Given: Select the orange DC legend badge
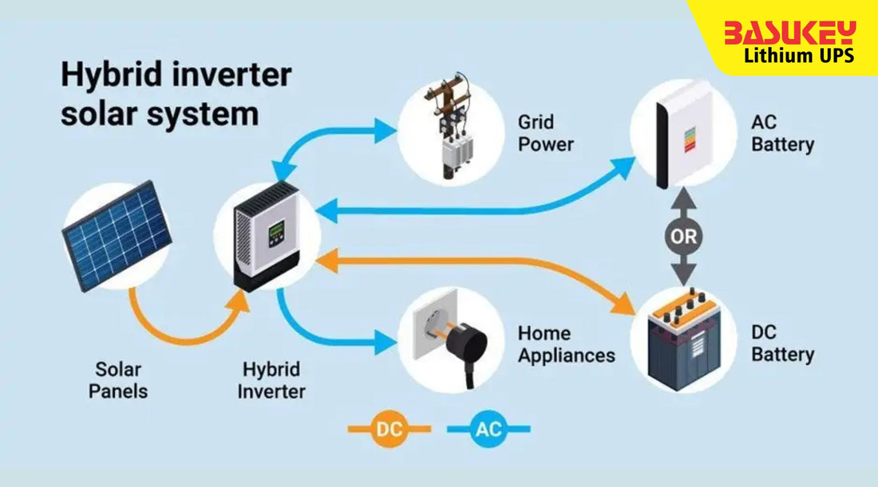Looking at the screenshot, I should (390, 430).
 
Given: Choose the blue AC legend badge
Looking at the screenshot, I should (488, 430).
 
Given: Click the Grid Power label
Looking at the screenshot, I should (546, 134).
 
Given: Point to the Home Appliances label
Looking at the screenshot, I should (566, 344).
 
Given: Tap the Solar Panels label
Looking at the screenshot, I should (118, 380).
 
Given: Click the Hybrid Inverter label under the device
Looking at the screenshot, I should (272, 380).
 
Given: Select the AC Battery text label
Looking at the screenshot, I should (781, 134).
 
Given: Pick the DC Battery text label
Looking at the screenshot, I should (781, 344).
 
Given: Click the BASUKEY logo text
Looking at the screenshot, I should (789, 33).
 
